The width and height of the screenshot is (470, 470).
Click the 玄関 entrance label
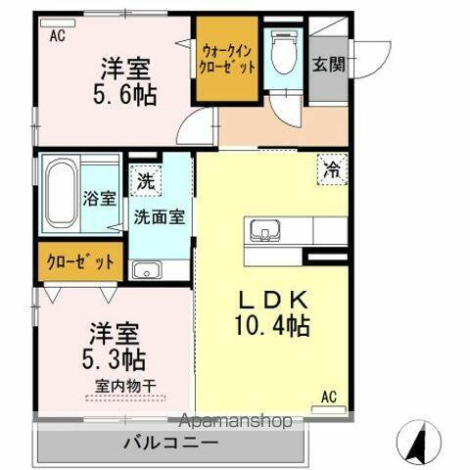[x=327, y=66]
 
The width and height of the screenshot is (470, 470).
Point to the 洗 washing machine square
[x=145, y=181]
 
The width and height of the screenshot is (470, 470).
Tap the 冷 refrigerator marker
[x=332, y=169]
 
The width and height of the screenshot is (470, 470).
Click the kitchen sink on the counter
[x=263, y=232]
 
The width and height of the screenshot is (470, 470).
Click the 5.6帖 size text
[x=125, y=97]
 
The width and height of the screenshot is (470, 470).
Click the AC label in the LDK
[x=329, y=398]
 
